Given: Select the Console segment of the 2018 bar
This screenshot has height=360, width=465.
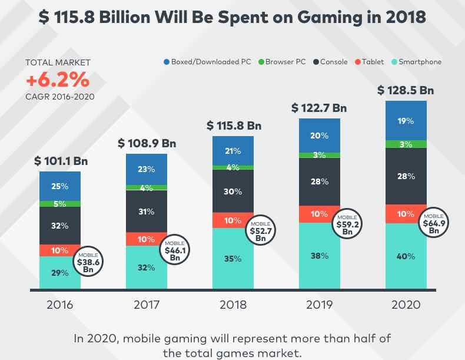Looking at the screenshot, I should pyautogui.click(x=233, y=191).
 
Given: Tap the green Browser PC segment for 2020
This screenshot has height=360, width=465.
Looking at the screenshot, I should pyautogui.click(x=406, y=144).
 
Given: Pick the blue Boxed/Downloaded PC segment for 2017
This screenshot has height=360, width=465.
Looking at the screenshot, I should pyautogui.click(x=147, y=169).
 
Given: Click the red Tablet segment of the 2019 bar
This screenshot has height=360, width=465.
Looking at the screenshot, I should pyautogui.click(x=320, y=213).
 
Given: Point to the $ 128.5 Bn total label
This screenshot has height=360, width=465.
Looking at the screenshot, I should pyautogui.click(x=406, y=91).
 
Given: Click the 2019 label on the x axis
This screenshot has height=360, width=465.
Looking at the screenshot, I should pyautogui.click(x=320, y=306).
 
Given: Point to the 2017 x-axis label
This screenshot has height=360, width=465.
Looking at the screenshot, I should pyautogui.click(x=147, y=306).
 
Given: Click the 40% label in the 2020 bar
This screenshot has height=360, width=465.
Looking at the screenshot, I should pyautogui.click(x=406, y=256).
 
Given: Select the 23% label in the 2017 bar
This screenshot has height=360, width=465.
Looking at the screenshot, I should pyautogui.click(x=147, y=169).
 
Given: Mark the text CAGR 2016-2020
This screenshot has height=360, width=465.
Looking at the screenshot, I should pyautogui.click(x=59, y=97).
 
